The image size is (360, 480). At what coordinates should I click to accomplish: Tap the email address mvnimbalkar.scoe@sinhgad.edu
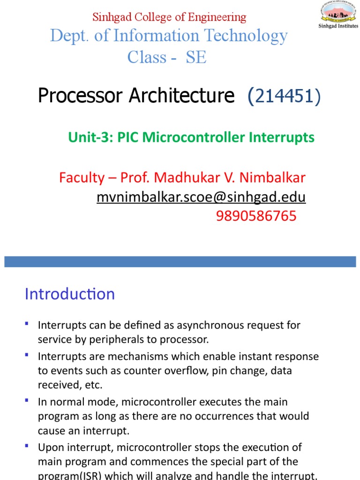201,197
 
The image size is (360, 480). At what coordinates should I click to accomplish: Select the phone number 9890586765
256,216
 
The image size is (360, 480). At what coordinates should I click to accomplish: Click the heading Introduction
69,294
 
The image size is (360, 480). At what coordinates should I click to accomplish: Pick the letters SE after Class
196,57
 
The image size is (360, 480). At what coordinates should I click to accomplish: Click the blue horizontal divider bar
180,262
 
